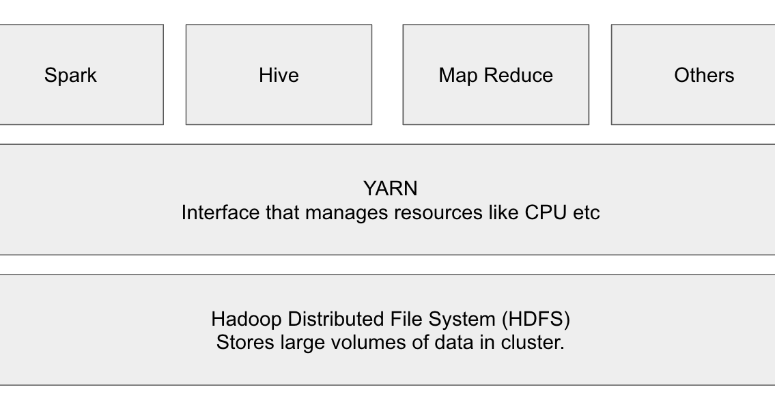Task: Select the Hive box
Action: [x=279, y=75]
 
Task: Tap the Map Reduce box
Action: [x=496, y=75]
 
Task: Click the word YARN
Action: [x=390, y=188]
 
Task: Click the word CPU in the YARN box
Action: [x=546, y=212]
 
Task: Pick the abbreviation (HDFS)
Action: [x=536, y=319]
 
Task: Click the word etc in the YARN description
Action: [x=586, y=212]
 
